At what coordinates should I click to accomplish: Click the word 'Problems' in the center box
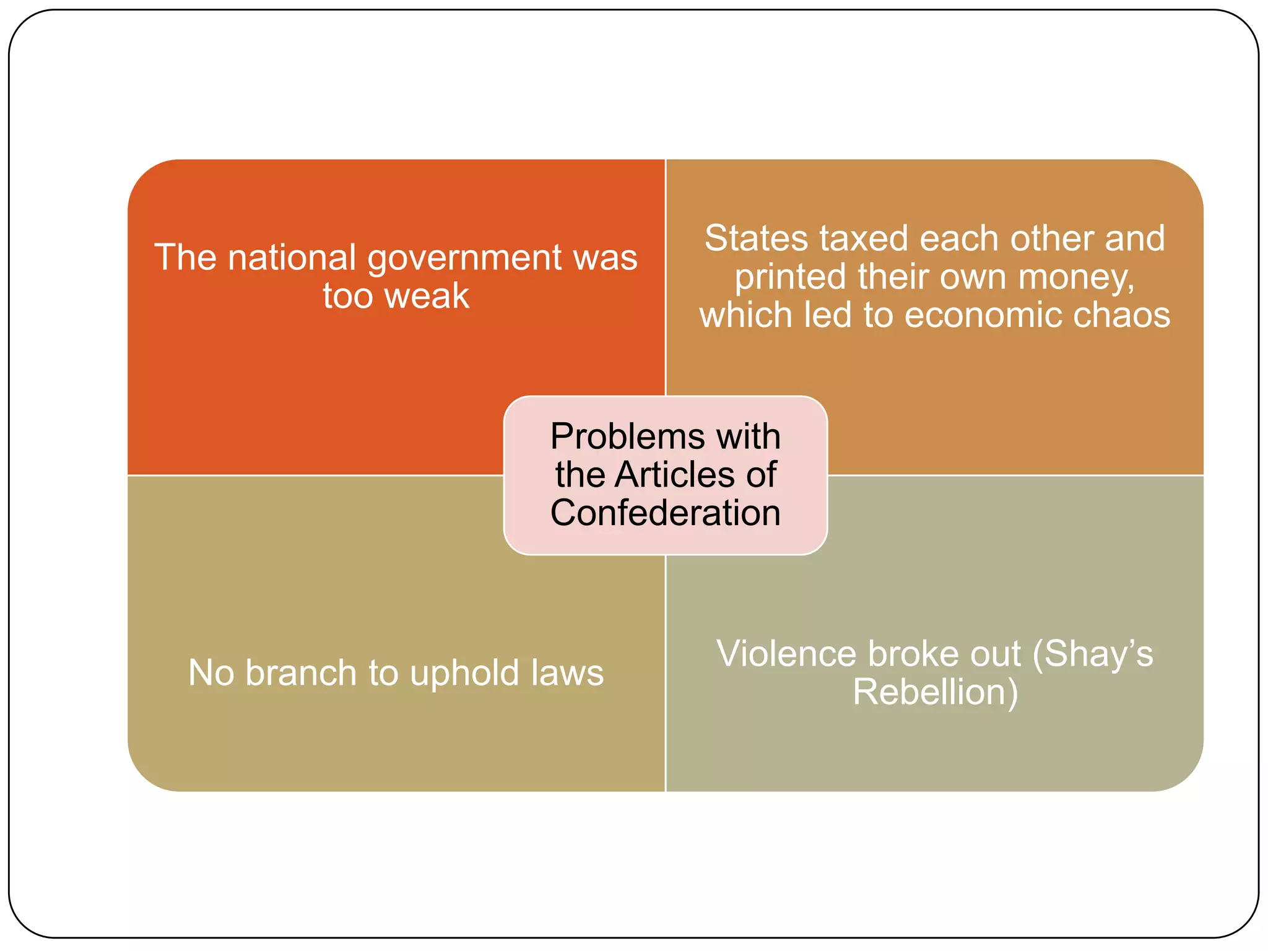628,436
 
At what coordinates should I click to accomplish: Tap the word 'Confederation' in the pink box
666,513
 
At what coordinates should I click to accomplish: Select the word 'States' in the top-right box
756,239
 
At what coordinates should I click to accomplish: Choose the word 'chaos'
1121,315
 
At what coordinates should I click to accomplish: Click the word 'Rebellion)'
935,692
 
